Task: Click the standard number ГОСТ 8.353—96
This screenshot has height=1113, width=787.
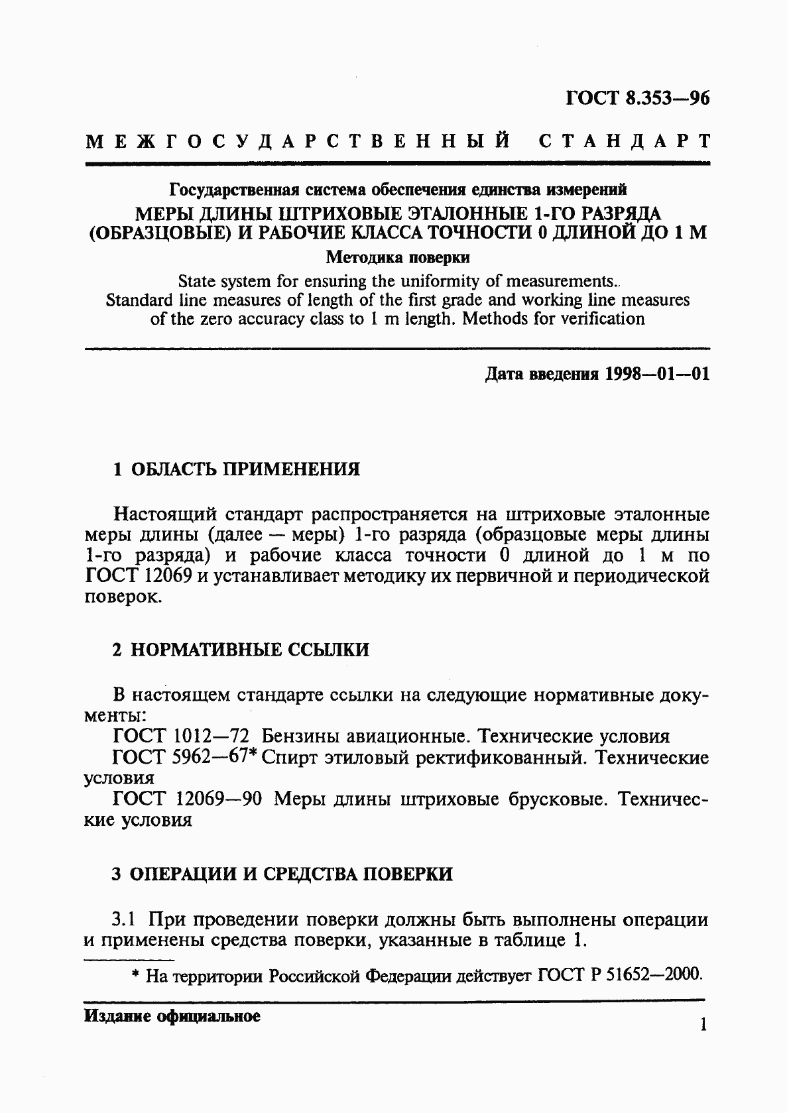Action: pos(637,99)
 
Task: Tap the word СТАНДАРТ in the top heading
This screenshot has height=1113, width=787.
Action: pos(624,141)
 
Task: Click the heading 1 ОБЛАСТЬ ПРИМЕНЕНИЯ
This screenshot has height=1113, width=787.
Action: pos(236,469)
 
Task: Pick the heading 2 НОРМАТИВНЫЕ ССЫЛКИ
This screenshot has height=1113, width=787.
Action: pos(241,650)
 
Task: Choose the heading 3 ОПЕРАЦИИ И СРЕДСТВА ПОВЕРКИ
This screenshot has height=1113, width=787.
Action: pos(282,874)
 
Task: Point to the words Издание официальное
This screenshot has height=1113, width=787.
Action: pos(172,1016)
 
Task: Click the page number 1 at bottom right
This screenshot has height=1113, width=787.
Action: pos(703,1025)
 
